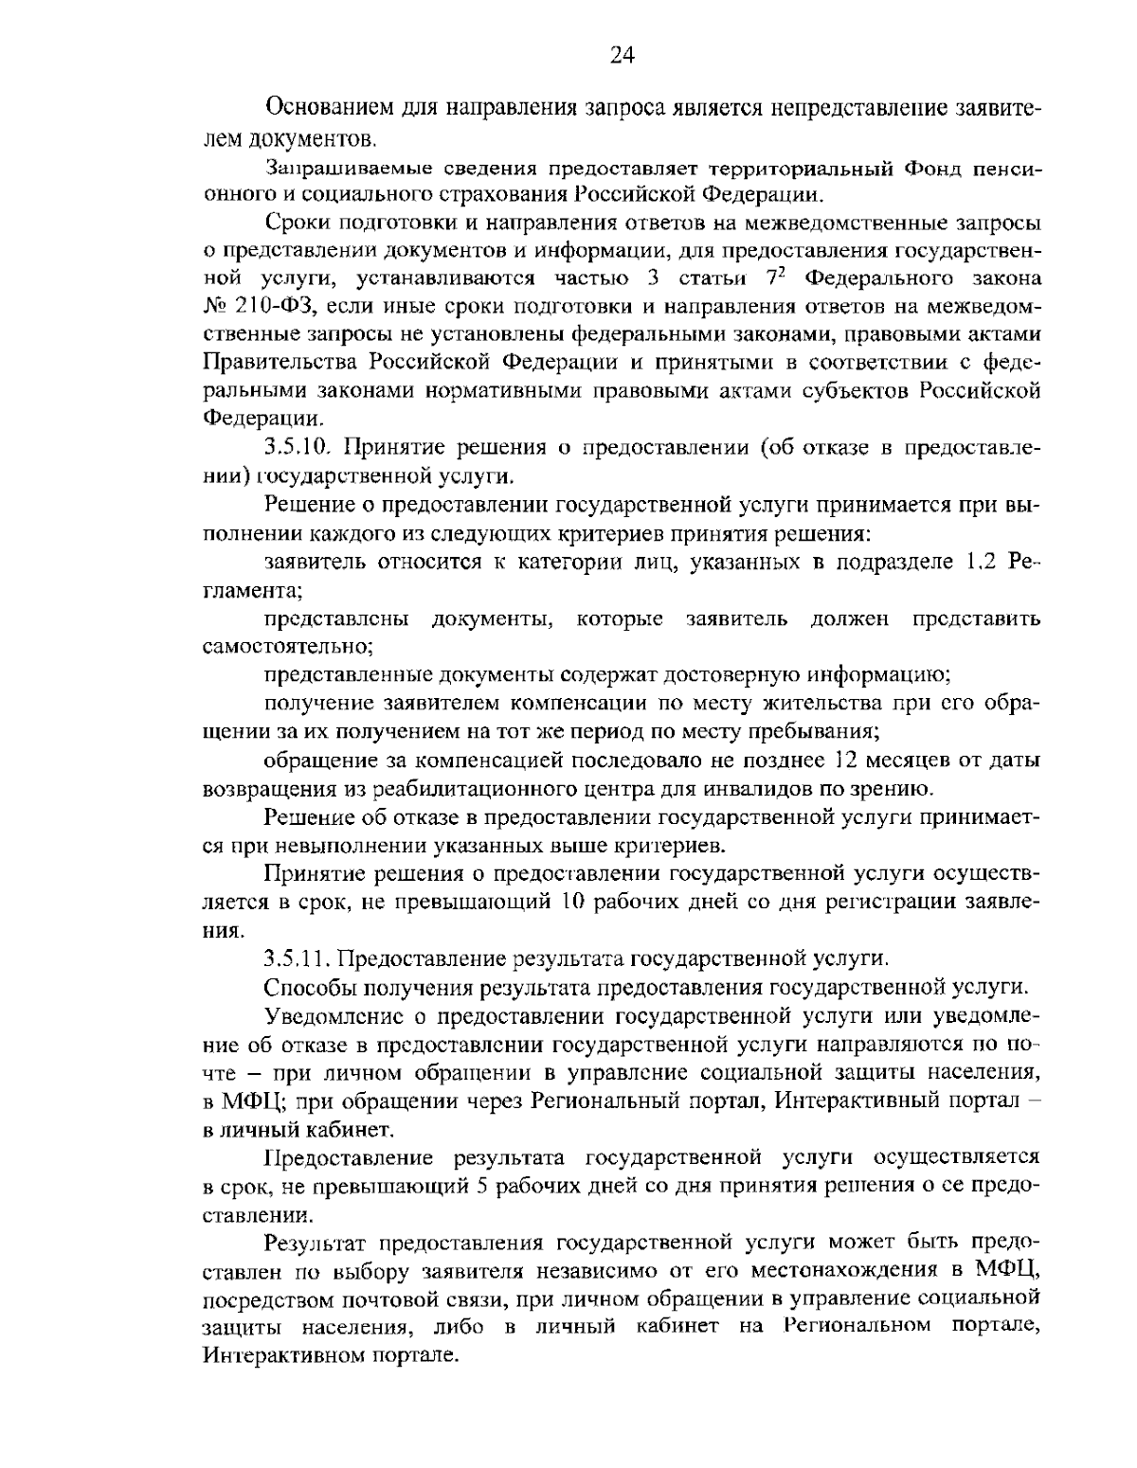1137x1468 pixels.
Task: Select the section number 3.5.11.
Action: pos(300,958)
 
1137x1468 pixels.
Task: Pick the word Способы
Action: pos(308,987)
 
